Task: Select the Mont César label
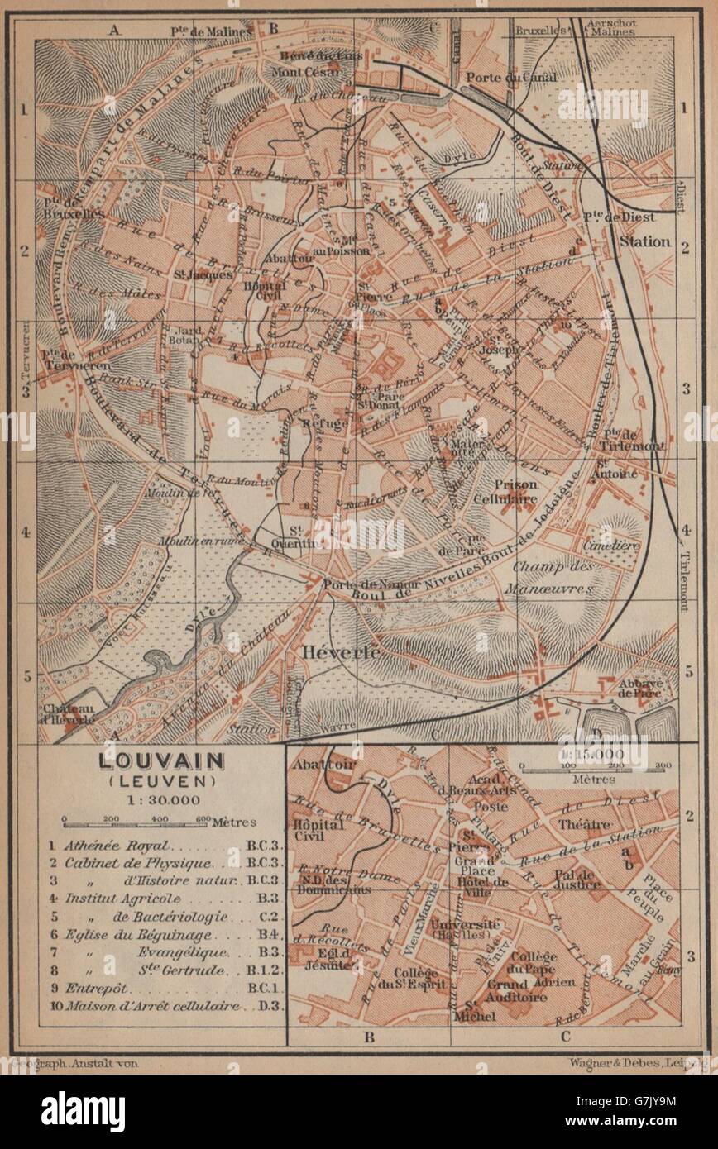click(309, 72)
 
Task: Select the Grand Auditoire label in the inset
click(530, 990)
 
